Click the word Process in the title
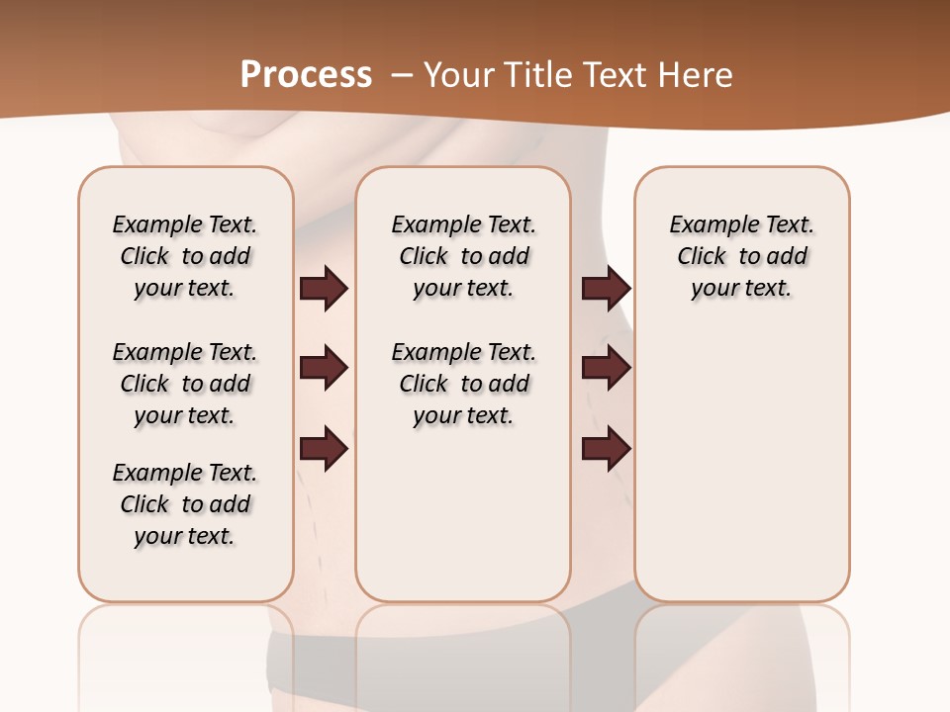coord(306,75)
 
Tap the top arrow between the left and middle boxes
coord(324,288)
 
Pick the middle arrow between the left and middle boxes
coord(324,368)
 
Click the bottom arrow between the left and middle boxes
coord(324,448)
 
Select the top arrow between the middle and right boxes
coord(606,288)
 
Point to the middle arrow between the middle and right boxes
coord(606,368)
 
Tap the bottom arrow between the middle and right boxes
coord(606,448)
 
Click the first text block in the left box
coord(185,256)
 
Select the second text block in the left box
coord(185,384)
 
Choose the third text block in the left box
coord(185,504)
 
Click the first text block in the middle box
coord(463,256)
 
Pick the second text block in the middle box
coord(463,384)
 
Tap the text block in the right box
coord(741,256)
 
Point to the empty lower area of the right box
coord(741,455)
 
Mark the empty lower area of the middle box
coord(463,514)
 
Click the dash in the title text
coord(402,75)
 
